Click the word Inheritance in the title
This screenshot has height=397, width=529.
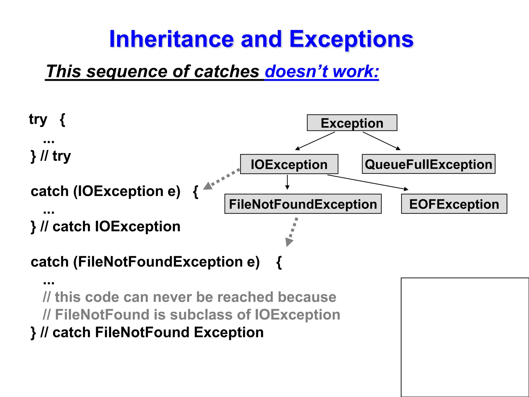click(x=171, y=39)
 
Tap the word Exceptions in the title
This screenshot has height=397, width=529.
click(x=351, y=39)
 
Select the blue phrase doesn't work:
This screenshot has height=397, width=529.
click(x=322, y=71)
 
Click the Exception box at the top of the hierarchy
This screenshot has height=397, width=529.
click(x=352, y=123)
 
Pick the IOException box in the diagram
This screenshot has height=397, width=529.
click(x=289, y=164)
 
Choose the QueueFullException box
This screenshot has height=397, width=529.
click(x=429, y=164)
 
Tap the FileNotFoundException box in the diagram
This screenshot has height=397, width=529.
click(x=303, y=204)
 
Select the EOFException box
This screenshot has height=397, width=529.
click(x=454, y=204)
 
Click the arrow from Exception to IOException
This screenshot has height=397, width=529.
click(x=315, y=141)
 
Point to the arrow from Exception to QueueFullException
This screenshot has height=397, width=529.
click(x=382, y=141)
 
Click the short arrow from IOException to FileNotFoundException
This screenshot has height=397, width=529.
click(x=287, y=182)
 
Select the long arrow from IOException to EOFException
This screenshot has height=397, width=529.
click(x=368, y=182)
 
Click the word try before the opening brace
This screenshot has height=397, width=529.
click(x=38, y=119)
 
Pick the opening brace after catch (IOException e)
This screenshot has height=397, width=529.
click(x=196, y=192)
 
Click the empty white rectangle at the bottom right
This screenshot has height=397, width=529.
click(x=465, y=337)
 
